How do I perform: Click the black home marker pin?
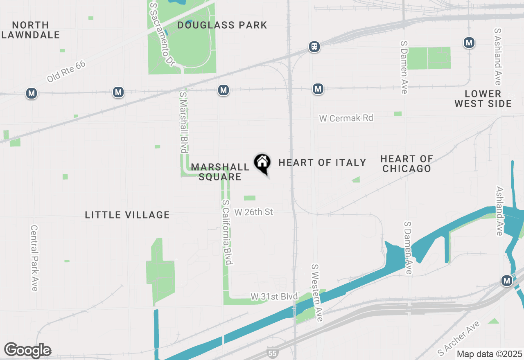[262, 164]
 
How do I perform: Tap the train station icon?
[314, 47]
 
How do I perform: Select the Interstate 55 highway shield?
[271, 352]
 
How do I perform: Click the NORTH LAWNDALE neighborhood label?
[31, 30]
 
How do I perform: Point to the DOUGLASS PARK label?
[222, 25]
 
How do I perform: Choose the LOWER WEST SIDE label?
[483, 99]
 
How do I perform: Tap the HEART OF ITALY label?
[322, 163]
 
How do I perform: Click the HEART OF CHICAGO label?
[407, 164]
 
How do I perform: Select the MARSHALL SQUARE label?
[220, 172]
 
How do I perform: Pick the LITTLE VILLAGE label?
[127, 215]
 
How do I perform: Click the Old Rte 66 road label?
[66, 72]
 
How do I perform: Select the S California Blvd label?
[228, 232]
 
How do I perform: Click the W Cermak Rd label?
[346, 118]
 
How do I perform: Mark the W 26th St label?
[253, 212]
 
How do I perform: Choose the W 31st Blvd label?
[274, 296]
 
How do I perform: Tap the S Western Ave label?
[317, 292]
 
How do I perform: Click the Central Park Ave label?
[34, 258]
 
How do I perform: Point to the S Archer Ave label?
[458, 338]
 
